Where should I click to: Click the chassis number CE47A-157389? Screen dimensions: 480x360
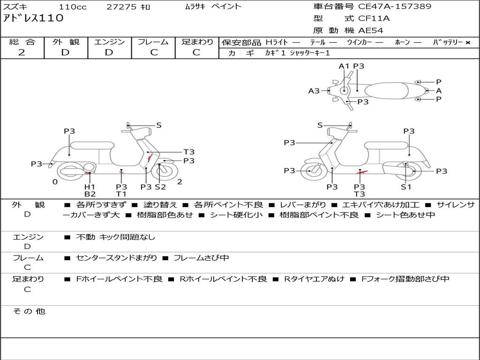[x=395, y=7]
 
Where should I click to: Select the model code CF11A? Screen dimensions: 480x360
[x=374, y=19]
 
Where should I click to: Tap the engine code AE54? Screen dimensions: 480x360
[x=371, y=31]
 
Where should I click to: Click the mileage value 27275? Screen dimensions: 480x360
[x=121, y=7]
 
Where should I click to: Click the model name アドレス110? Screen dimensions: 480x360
[x=33, y=18]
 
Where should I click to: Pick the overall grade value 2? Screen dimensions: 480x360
[x=22, y=52]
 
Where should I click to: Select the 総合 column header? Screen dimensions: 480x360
[x=22, y=42]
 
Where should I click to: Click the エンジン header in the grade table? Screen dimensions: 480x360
[x=109, y=42]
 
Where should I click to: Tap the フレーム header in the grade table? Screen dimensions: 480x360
[x=153, y=42]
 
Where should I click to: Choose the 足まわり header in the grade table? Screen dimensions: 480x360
[x=197, y=42]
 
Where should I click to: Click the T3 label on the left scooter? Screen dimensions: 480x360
[x=189, y=152]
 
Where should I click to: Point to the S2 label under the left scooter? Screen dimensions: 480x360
[x=161, y=187]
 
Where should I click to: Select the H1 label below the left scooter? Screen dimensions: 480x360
[x=90, y=187]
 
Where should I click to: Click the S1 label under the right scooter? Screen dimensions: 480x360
[x=405, y=187]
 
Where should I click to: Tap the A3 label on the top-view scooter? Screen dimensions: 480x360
[x=314, y=91]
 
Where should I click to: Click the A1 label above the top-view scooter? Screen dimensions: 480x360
[x=344, y=66]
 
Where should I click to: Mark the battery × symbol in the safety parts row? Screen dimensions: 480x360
[x=467, y=43]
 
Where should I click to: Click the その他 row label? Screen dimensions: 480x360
[x=29, y=311]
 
